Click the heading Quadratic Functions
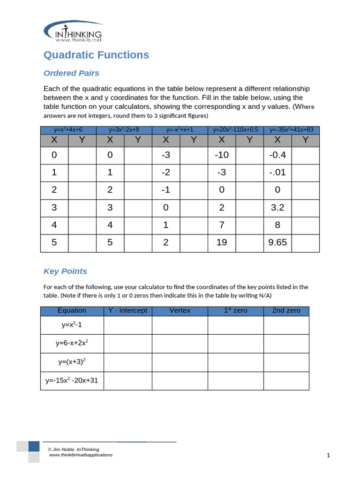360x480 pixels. [96, 55]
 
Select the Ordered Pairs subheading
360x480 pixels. [71, 73]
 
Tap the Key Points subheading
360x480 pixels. [65, 271]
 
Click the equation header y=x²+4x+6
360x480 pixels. [68, 130]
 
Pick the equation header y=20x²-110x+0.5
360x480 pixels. [235, 130]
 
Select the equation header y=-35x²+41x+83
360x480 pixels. [291, 130]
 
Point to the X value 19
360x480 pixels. [222, 242]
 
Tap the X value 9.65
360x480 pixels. [277, 242]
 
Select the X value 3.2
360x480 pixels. [277, 207]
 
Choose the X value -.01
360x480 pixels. [277, 172]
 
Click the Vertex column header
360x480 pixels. [180, 311]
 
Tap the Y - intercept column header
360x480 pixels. [127, 311]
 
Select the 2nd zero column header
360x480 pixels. [286, 311]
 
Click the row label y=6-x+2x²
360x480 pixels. [72, 343]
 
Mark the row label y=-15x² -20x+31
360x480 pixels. [72, 380]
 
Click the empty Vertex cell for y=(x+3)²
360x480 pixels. [180, 362]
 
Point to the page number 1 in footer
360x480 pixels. [329, 455]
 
